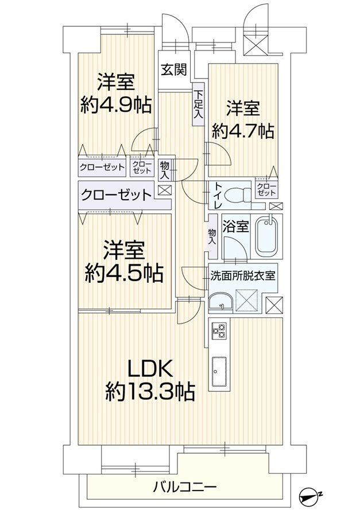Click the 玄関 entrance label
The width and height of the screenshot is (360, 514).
pos(173,70)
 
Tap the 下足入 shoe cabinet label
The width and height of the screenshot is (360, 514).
pos(198,104)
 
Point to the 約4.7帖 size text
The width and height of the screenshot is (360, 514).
pos(242,130)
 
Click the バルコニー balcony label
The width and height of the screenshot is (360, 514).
pos(184,488)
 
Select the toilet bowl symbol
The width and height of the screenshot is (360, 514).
pos(236,196)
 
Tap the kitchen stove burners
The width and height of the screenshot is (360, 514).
pos(219,330)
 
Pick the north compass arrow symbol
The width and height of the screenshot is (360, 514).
pos(312,494)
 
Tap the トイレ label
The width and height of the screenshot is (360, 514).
pos(219,195)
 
